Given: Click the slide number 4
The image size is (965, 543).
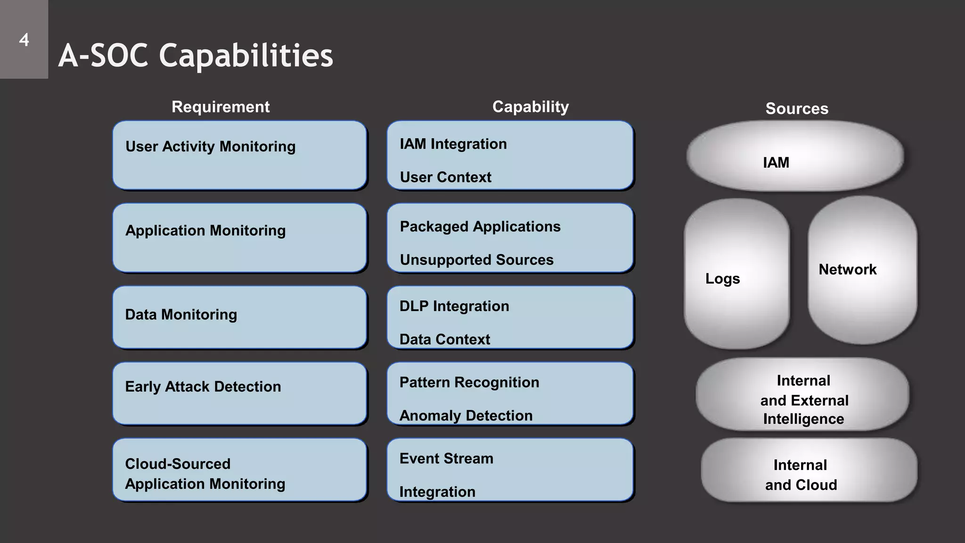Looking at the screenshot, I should tap(24, 40).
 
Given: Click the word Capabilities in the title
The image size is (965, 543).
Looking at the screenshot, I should tap(246, 56).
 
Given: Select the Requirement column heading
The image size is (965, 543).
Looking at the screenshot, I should tap(221, 107).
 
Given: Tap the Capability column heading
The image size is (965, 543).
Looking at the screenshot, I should tap(531, 107).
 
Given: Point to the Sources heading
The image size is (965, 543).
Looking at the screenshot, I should tap(797, 109).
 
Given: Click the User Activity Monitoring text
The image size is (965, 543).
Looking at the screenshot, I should tap(210, 147).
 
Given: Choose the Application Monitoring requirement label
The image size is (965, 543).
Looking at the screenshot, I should tap(205, 230).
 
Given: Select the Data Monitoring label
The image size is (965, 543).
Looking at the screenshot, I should tap(181, 314).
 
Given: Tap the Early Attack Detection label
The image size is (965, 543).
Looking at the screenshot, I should tap(203, 387).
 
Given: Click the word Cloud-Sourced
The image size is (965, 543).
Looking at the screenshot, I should tap(178, 464).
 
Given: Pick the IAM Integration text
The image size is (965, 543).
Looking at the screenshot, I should tap(453, 144).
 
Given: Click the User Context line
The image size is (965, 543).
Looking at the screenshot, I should tap(445, 177).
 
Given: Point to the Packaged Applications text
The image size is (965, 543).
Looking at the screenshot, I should tap(480, 227).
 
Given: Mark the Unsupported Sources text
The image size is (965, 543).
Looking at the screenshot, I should tap(476, 260).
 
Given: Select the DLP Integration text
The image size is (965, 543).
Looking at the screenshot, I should tap(454, 306).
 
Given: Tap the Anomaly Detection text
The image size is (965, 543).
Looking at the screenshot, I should tap(466, 416).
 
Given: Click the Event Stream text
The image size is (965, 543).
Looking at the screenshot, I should tap(446, 459).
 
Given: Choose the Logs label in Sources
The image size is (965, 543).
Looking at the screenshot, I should tap(722, 279).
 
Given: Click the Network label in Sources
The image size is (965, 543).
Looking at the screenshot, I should tap(847, 270).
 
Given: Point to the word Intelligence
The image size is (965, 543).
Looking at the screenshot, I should tap(803, 419).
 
